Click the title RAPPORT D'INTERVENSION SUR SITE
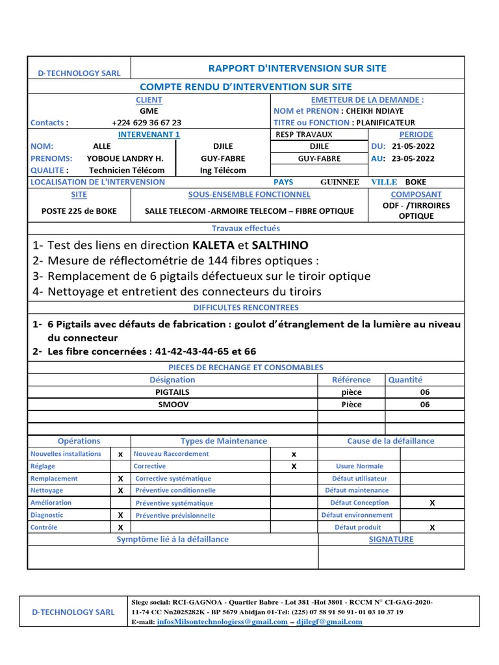coord(297,68)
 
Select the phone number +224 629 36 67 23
coord(146,122)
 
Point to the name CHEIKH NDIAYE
coord(382,111)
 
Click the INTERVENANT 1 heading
coord(149,134)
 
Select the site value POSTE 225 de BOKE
coord(79,211)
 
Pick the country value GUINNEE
coord(340,182)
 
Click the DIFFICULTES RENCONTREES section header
coord(246,307)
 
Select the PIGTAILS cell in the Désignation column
coord(172,392)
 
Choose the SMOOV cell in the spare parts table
coord(172,405)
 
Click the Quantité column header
coord(405,380)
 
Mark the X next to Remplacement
coord(120,479)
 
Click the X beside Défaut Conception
coord(432,503)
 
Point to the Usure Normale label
coord(359,466)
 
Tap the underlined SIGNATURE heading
coord(391,540)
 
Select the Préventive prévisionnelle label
coord(175,516)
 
